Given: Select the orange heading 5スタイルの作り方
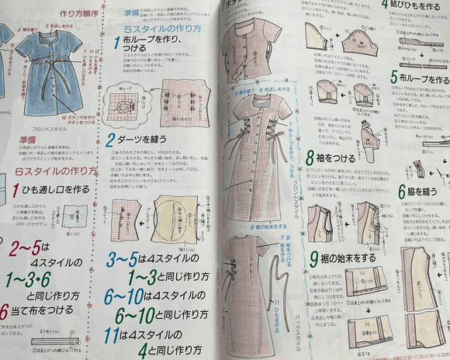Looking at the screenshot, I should coord(164,29).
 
